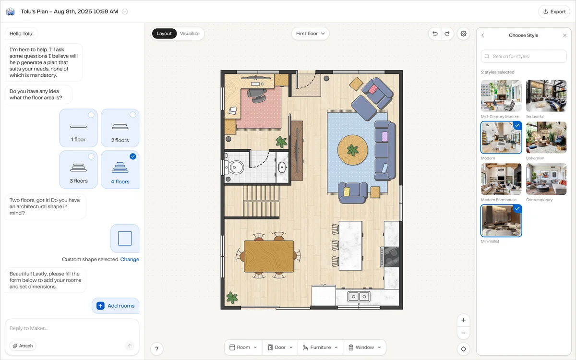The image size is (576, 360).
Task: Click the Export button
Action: click(x=554, y=12)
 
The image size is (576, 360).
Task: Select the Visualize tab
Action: click(x=190, y=34)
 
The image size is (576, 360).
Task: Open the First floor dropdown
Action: click(x=310, y=34)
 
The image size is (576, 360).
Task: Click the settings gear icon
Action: click(x=463, y=34)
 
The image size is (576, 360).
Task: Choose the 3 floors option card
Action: click(x=79, y=169)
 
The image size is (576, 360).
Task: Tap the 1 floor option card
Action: click(x=79, y=128)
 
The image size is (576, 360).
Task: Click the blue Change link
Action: click(x=130, y=259)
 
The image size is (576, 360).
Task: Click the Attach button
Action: click(x=23, y=346)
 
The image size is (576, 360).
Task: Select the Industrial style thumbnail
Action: click(x=546, y=96)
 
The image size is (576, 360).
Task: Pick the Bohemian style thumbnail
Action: click(x=546, y=137)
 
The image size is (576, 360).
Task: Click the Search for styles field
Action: click(x=524, y=56)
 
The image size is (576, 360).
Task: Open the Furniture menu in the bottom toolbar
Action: click(x=320, y=348)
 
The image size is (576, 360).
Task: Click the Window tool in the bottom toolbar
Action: click(x=364, y=348)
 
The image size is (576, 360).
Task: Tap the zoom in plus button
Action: click(x=463, y=320)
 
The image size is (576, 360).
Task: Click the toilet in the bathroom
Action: click(x=235, y=167)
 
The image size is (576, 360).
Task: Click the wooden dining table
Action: click(x=269, y=256)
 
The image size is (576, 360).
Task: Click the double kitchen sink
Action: click(x=359, y=296)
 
